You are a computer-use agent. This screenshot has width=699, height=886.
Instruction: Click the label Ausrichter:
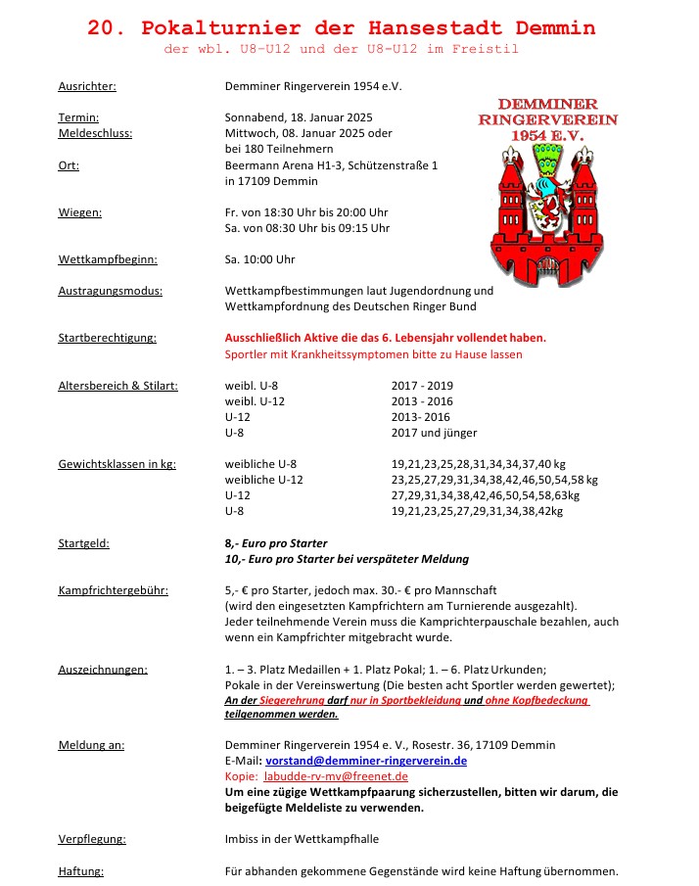pyautogui.click(x=87, y=86)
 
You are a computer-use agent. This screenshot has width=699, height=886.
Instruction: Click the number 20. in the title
pyautogui.click(x=108, y=27)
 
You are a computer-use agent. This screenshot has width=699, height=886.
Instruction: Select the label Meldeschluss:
pyautogui.click(x=95, y=132)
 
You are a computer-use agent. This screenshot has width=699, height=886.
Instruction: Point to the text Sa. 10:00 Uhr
pyautogui.click(x=259, y=259)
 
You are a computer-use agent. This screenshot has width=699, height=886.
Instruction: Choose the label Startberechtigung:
pyautogui.click(x=107, y=338)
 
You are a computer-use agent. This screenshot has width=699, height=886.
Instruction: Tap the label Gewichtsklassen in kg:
pyautogui.click(x=116, y=464)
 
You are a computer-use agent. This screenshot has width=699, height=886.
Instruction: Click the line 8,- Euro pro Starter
pyautogui.click(x=276, y=543)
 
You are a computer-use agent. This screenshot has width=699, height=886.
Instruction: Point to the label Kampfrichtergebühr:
pyautogui.click(x=113, y=590)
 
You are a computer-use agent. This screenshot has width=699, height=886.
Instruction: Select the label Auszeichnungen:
pyautogui.click(x=103, y=670)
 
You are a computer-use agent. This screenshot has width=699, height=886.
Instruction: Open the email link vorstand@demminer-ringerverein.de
pyautogui.click(x=366, y=761)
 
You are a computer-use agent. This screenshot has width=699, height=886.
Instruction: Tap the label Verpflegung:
pyautogui.click(x=92, y=839)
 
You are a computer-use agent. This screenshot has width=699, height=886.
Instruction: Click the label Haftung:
pyautogui.click(x=81, y=871)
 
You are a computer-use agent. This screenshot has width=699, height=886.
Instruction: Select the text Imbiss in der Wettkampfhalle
pyautogui.click(x=302, y=839)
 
